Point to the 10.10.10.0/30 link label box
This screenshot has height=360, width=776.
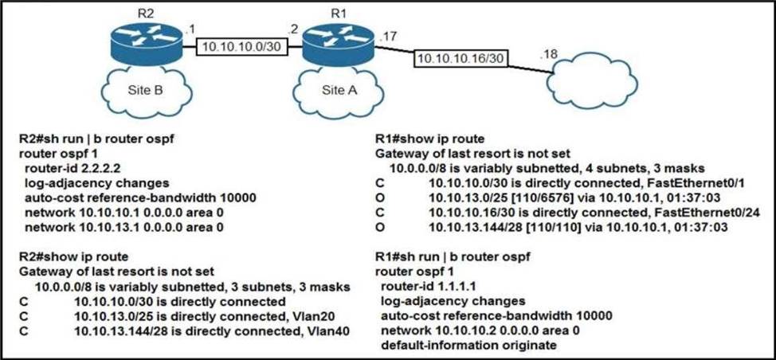click(x=242, y=47)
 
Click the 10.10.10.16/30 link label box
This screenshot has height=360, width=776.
click(x=461, y=58)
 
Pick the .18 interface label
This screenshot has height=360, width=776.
click(x=549, y=55)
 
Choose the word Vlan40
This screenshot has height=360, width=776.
click(x=334, y=331)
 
